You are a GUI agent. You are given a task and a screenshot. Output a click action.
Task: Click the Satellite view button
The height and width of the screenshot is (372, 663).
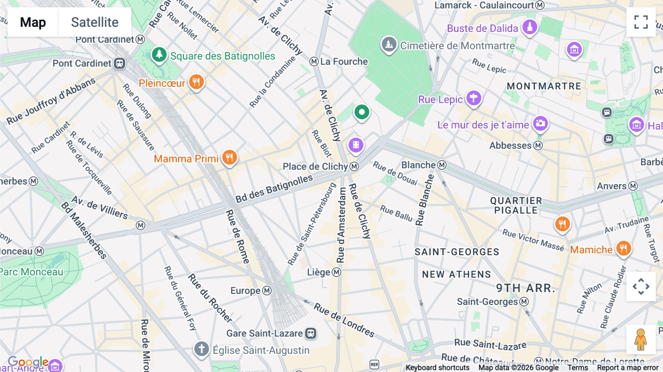click(x=95, y=22)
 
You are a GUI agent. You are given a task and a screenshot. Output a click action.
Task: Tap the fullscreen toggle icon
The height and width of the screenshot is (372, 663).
click(x=641, y=22)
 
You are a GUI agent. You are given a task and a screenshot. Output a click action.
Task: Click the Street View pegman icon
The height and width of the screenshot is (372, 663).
click(x=641, y=340)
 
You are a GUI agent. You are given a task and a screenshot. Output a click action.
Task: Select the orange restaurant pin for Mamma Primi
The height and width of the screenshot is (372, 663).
click(x=229, y=158)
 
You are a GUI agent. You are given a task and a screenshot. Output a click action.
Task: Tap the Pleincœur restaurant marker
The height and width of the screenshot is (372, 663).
click(x=196, y=82)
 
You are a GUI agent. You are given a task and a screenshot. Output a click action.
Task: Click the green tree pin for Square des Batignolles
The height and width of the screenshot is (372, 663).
click(x=159, y=55)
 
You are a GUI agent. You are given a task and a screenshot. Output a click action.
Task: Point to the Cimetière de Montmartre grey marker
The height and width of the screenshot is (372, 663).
click(x=389, y=45)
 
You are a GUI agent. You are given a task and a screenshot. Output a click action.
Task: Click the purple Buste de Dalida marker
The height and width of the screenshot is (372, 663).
click(x=530, y=27)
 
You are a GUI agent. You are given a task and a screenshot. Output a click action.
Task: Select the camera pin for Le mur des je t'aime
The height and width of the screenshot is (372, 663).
click(x=540, y=123)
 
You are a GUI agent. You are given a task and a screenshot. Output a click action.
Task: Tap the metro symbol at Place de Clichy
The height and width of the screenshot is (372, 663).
click(x=354, y=166)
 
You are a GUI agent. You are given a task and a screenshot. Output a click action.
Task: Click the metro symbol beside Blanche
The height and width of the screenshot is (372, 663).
click(x=442, y=165)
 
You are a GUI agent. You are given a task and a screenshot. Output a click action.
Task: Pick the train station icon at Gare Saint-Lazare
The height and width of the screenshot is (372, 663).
click(x=311, y=333)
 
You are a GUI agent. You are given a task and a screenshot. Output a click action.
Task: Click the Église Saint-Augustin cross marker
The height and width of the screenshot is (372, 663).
click(x=201, y=348)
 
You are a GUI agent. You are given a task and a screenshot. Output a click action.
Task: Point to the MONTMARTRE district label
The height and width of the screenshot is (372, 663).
click(x=544, y=86)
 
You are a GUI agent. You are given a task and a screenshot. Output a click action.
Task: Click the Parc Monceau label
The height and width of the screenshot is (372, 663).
click(x=32, y=272)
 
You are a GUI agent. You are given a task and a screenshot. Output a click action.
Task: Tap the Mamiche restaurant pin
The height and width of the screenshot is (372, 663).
click(x=623, y=248)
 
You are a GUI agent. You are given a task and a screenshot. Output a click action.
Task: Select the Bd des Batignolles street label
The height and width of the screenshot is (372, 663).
click(x=274, y=189)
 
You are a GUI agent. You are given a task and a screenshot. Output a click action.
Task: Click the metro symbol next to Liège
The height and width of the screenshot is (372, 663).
click(x=336, y=272)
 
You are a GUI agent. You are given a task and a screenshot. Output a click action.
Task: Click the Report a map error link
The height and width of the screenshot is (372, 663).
click(x=627, y=368)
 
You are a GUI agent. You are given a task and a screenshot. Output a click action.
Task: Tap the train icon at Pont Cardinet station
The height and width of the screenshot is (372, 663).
click(x=119, y=63)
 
